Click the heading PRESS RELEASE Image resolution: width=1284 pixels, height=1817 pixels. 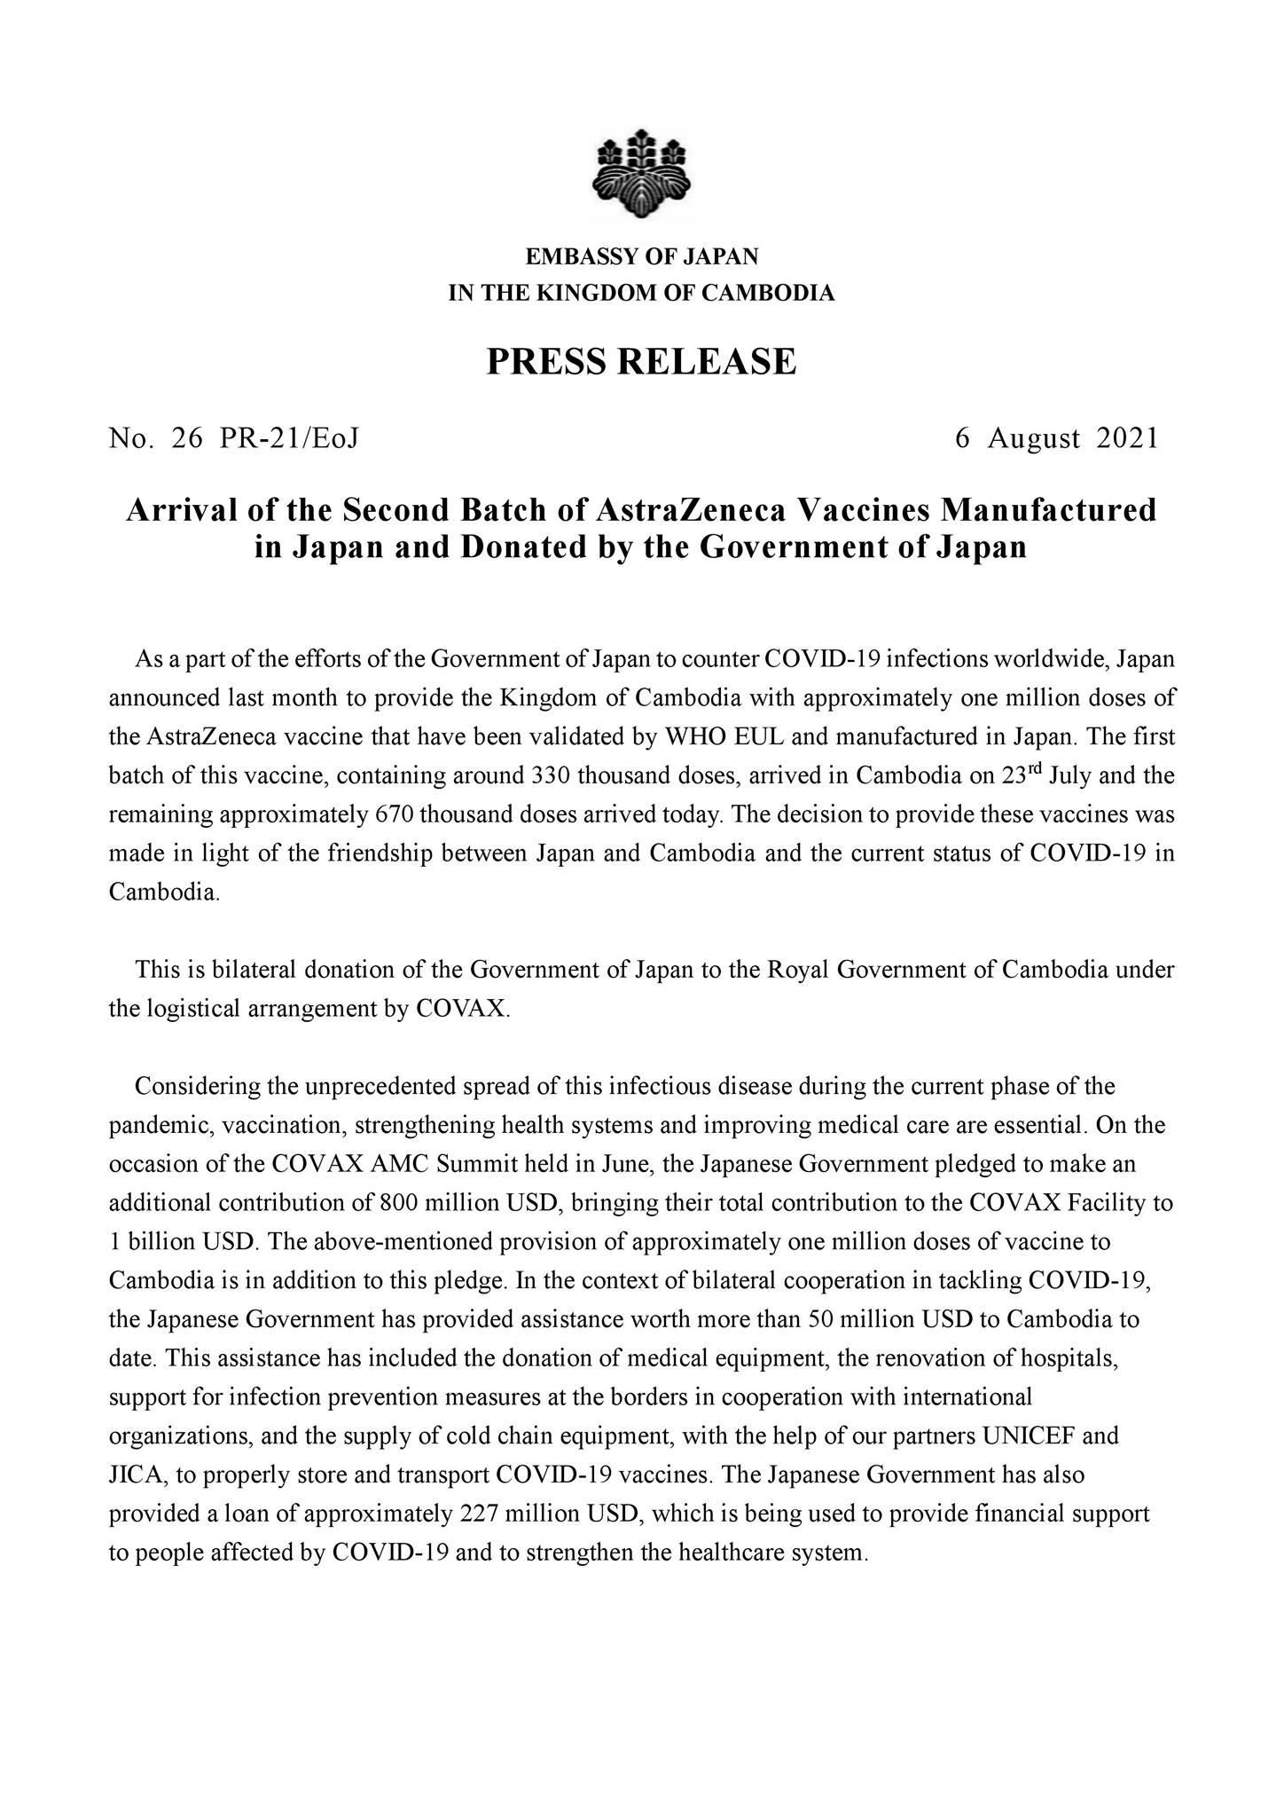point(641,362)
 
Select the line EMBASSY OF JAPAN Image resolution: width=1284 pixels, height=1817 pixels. point(642,257)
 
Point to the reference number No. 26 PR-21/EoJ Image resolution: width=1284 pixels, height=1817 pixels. point(233,438)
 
